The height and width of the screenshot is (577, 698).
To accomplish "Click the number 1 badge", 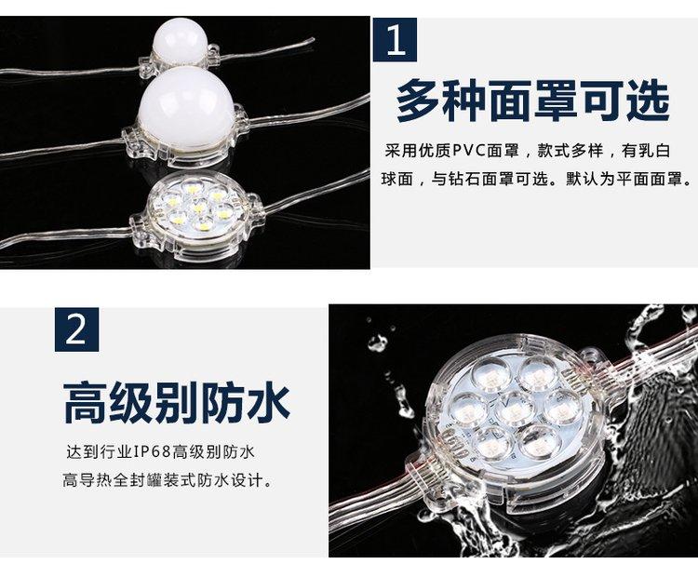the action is click(x=395, y=40).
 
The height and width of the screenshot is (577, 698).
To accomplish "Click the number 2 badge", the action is click(x=76, y=329).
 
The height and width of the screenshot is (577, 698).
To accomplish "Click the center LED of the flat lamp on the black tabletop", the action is click(x=197, y=207).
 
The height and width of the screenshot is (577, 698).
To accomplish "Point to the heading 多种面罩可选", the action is click(x=532, y=101).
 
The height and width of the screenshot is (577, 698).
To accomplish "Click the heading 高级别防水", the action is click(x=176, y=403).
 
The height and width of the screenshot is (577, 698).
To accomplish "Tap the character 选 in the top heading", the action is click(x=648, y=101).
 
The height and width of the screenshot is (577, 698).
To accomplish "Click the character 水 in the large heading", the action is click(x=269, y=403).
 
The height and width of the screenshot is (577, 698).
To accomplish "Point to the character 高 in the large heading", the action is click(x=85, y=403).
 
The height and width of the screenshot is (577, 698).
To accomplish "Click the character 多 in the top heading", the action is click(x=418, y=101).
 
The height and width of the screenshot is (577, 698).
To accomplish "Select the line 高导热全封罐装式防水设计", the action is click(x=168, y=481).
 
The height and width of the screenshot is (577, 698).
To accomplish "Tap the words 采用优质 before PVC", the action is click(x=418, y=151).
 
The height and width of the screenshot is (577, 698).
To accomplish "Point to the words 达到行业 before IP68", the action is click(x=100, y=452).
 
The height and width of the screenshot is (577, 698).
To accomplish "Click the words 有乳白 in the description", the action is click(x=646, y=151).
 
